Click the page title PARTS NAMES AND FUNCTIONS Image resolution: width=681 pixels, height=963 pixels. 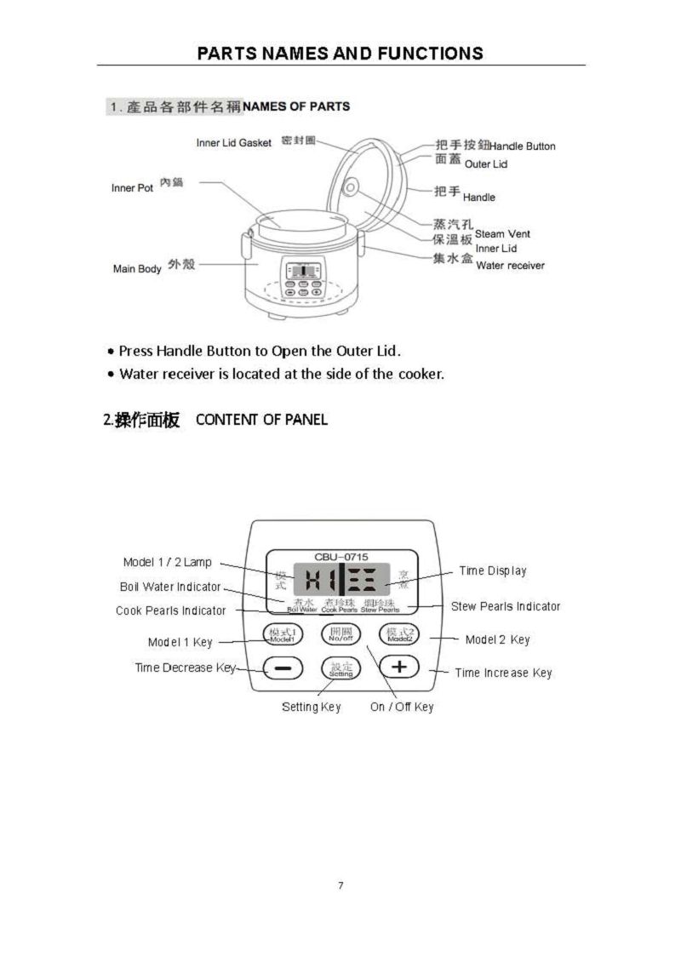click(x=340, y=54)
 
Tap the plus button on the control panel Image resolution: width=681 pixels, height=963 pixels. click(x=398, y=667)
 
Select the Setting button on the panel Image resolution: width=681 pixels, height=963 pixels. click(x=340, y=668)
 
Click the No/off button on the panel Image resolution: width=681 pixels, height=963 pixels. click(x=340, y=634)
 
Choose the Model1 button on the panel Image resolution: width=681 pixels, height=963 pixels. click(x=282, y=635)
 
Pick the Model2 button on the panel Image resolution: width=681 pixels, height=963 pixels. click(x=399, y=635)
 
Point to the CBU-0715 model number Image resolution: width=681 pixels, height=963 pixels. click(x=341, y=556)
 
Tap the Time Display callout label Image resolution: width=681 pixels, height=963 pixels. click(x=493, y=570)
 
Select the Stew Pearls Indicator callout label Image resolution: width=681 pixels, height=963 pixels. click(x=506, y=606)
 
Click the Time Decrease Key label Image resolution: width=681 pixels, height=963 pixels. click(x=185, y=668)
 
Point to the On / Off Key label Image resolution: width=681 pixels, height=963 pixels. click(x=402, y=707)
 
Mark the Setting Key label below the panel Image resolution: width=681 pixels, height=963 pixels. click(x=312, y=707)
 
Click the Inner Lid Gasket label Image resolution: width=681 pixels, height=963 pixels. click(x=234, y=143)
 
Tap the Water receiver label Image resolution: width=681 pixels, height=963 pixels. click(x=510, y=266)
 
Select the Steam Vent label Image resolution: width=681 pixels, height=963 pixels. click(x=502, y=233)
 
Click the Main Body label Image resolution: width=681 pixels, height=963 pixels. click(x=137, y=269)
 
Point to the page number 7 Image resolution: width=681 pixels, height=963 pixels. click(x=340, y=886)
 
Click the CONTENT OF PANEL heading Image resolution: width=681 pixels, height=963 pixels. click(x=261, y=420)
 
